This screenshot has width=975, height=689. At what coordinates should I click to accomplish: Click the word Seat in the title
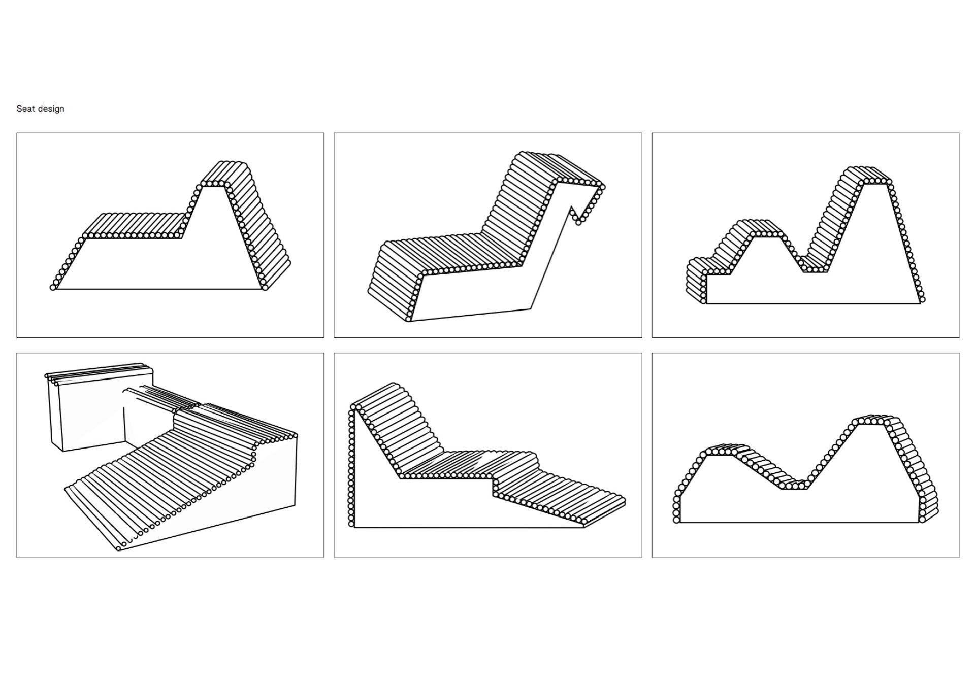point(25,109)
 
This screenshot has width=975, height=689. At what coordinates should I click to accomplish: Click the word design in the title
point(50,109)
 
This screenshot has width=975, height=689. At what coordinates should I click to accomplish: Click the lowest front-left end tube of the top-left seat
point(53,288)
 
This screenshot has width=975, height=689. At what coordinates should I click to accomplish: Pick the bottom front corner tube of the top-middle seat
point(408,319)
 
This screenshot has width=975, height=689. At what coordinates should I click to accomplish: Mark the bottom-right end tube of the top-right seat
point(922,300)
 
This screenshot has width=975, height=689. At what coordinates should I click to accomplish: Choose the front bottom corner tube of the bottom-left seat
point(119,548)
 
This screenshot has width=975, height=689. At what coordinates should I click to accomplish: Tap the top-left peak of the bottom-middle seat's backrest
point(354,407)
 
